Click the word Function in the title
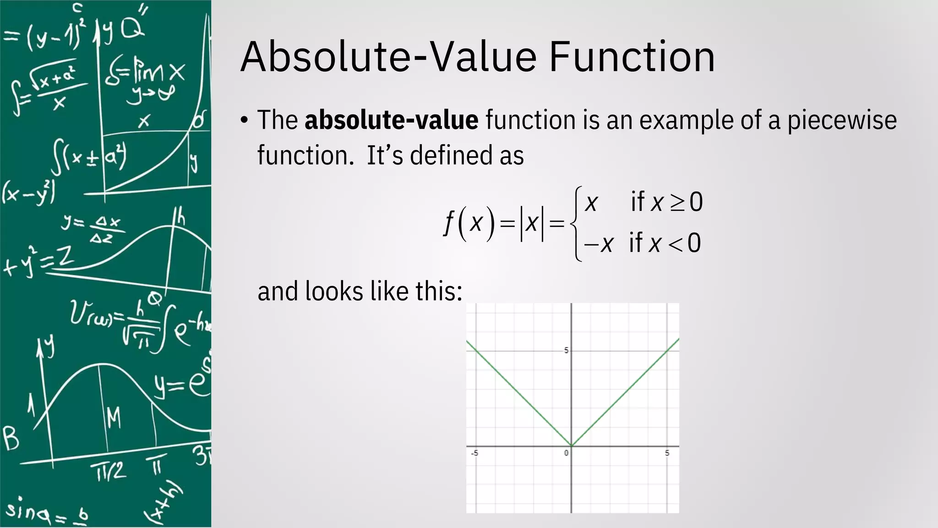pyautogui.click(x=632, y=57)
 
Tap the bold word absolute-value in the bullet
pyautogui.click(x=391, y=121)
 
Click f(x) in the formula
pyautogui.click(x=469, y=224)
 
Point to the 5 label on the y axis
pyautogui.click(x=566, y=351)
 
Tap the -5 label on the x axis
pyautogui.click(x=474, y=453)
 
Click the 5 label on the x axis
pyautogui.click(x=667, y=453)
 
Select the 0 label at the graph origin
pyautogui.click(x=566, y=453)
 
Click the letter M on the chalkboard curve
pyautogui.click(x=114, y=418)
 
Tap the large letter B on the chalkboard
pyautogui.click(x=11, y=438)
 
